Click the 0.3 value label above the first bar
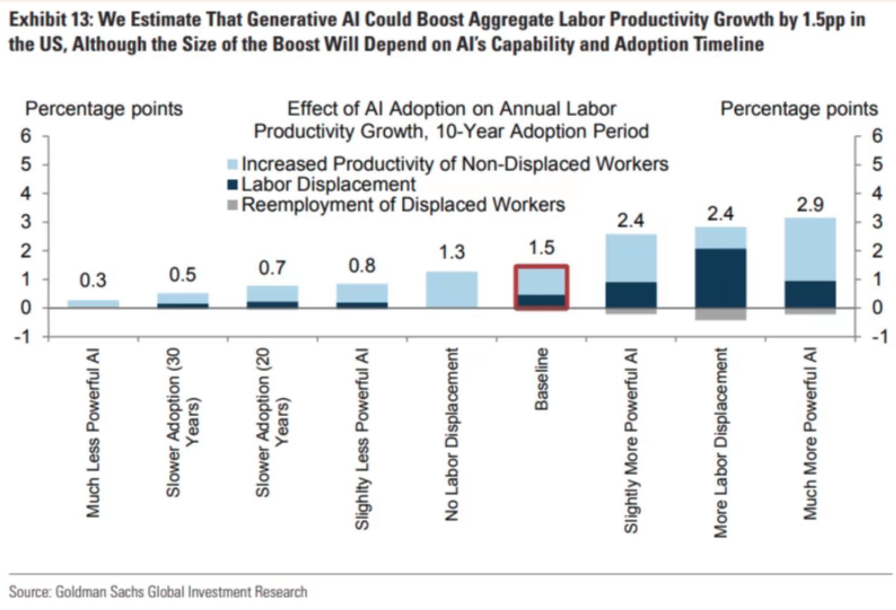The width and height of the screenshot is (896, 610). tap(93, 280)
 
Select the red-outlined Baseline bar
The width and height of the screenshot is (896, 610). tap(541, 288)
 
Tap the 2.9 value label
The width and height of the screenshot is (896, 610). tap(810, 205)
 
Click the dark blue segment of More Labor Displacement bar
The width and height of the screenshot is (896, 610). tap(720, 278)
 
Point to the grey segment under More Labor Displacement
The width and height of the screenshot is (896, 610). tap(720, 314)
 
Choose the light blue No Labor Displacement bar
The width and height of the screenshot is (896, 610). tap(452, 290)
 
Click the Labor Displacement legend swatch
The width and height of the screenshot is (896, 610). tap(232, 185)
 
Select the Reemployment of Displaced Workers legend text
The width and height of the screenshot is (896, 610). tap(403, 205)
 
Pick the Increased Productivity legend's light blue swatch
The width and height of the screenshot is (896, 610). tap(232, 164)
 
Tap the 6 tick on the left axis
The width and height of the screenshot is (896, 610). tap(26, 136)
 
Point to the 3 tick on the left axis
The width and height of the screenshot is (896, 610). tap(26, 222)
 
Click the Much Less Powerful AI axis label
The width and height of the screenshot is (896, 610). tap(93, 433)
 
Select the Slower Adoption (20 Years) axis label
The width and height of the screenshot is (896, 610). tap(272, 423)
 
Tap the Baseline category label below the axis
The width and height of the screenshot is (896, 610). tap(541, 379)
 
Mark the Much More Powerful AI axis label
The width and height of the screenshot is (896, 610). tap(810, 434)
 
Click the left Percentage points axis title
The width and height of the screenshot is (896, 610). tap(104, 109)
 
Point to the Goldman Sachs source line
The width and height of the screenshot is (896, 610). tap(158, 592)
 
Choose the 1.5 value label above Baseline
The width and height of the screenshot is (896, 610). tap(541, 248)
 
